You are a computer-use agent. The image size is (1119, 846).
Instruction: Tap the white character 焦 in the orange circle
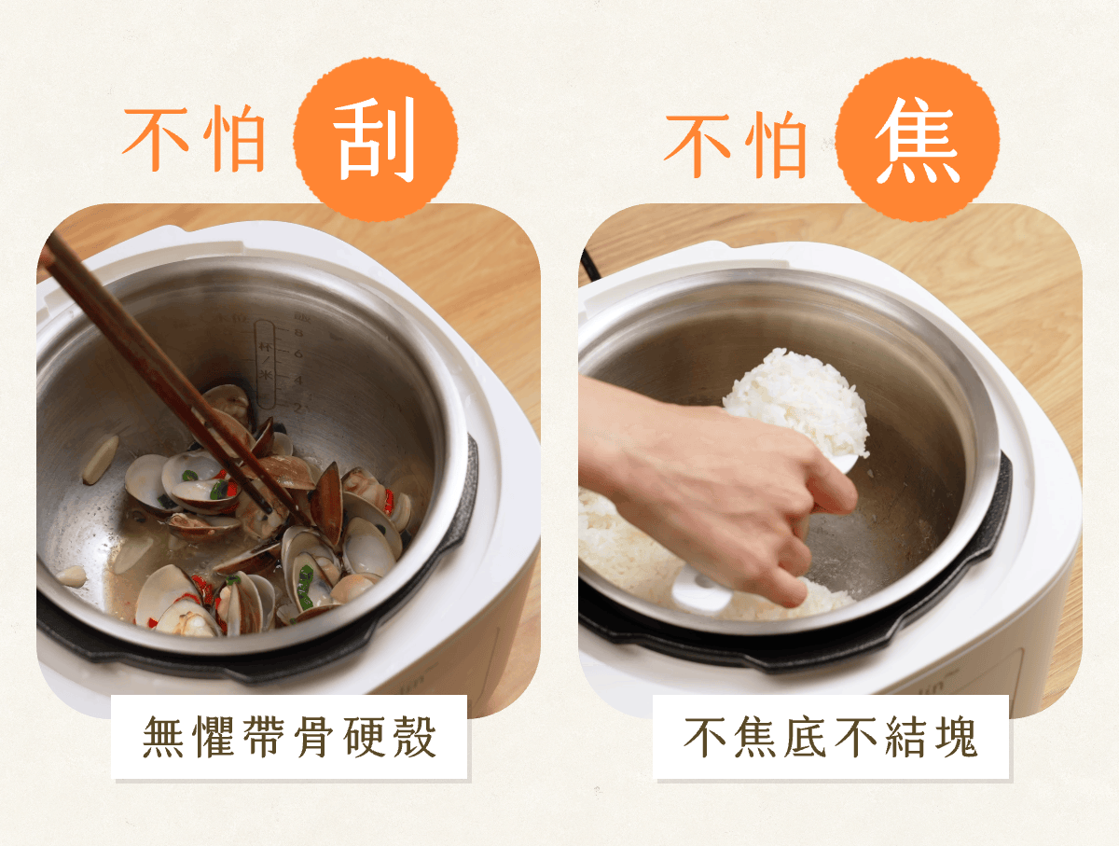pos(918,141)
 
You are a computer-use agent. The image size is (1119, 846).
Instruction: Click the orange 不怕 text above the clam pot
pos(194,139)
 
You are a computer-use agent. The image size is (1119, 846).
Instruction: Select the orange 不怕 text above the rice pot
pos(736,144)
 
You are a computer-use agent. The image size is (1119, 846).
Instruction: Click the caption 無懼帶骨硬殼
pos(289,738)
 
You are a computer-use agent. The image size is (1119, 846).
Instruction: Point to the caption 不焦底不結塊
pos(831,738)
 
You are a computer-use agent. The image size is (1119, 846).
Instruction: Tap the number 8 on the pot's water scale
pos(298,333)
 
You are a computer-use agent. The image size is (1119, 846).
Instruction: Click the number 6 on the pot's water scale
pos(297,353)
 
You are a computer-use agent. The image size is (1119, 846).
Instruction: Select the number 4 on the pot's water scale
pos(297,380)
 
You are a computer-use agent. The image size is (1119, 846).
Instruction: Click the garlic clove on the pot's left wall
pos(101,459)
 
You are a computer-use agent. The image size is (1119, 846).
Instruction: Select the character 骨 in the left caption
pos(314,738)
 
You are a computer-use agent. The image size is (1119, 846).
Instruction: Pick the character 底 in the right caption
pos(805,738)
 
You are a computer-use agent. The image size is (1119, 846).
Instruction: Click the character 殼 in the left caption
pos(416,738)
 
